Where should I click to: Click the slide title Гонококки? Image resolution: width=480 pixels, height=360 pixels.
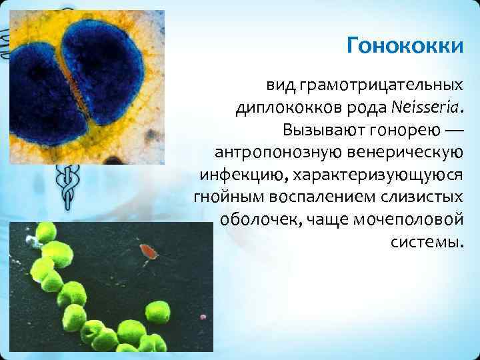(x=405, y=47)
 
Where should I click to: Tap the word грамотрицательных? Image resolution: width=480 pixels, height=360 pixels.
(x=381, y=85)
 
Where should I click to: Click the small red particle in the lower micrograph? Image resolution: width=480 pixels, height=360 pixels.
(x=148, y=252)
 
